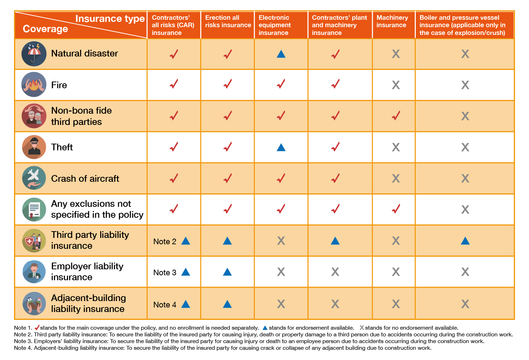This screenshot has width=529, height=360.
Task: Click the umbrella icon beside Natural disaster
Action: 34,54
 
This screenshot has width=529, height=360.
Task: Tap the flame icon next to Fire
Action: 34,85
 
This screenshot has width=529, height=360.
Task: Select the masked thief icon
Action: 34,147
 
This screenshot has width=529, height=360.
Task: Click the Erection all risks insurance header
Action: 228,21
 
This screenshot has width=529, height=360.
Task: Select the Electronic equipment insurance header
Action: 274,25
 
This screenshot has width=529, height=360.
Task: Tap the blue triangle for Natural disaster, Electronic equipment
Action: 281,54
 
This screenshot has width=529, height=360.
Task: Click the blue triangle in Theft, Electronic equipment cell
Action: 281,147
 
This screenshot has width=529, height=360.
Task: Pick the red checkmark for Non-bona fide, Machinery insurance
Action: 396,116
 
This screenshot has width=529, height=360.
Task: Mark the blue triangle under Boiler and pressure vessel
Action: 465,241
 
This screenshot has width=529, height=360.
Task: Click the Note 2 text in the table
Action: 165,241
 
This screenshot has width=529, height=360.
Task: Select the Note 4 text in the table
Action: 165,305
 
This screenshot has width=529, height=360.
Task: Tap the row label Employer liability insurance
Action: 87,271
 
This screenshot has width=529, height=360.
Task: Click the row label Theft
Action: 62,147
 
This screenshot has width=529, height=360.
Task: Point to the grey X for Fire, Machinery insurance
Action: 396,85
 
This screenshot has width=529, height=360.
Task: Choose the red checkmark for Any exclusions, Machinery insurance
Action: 396,209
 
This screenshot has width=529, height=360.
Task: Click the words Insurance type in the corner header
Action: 110,19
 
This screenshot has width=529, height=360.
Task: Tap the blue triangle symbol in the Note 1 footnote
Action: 265,328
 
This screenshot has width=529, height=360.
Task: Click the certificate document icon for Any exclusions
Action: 34,209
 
